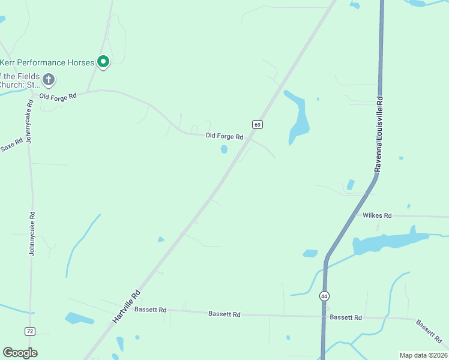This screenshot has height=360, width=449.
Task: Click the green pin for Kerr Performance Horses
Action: point(103,62)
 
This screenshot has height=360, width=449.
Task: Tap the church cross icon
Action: point(49,79)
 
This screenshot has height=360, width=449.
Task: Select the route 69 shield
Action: point(257,124)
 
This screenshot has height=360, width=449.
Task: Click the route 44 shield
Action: point(324,296)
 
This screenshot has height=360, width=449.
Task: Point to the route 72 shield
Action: point(30,331)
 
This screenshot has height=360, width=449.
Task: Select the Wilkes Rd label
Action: point(377,215)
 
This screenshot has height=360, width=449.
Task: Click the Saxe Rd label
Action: point(11,145)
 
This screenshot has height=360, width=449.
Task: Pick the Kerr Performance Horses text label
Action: point(47,62)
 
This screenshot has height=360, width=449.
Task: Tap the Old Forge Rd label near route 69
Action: point(224,136)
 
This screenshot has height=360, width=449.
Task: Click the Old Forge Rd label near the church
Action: point(58,96)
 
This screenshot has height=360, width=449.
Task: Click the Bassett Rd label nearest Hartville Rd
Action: point(150,310)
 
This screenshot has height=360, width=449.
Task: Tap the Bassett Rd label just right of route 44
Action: point(346,317)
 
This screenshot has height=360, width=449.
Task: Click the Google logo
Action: point(20,353)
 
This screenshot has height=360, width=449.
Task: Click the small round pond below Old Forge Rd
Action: point(224,149)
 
